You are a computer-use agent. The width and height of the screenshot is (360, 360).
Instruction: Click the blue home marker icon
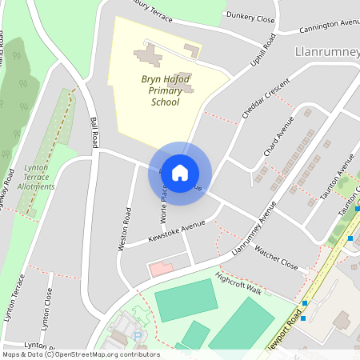pos(180,172)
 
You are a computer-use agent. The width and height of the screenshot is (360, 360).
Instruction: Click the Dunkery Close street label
pos(250,16)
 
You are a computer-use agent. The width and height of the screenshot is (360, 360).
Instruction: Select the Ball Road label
pos(94,132)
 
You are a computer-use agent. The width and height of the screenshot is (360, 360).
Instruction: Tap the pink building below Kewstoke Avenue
pos(160,269)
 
